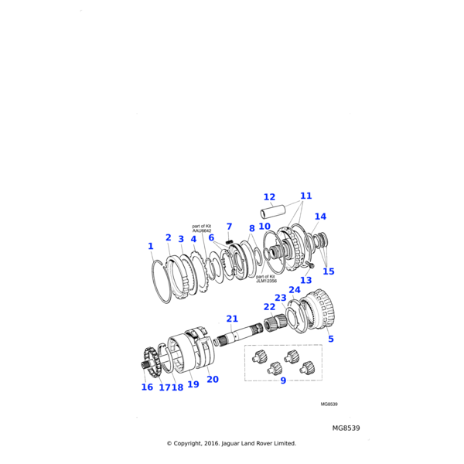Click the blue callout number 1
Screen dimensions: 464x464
click(x=151, y=246)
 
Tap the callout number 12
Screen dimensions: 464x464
click(x=269, y=196)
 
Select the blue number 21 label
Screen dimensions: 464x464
click(x=232, y=319)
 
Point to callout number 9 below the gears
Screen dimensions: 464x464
click(x=283, y=380)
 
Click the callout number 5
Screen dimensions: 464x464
click(x=331, y=339)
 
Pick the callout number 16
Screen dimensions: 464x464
click(x=147, y=387)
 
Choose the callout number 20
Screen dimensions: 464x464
click(x=213, y=380)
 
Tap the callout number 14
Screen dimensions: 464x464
click(x=320, y=217)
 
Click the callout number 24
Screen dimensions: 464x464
click(x=295, y=290)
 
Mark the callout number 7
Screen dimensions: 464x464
click(x=230, y=227)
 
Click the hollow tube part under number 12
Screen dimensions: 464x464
click(x=273, y=211)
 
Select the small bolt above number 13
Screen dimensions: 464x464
click(x=309, y=264)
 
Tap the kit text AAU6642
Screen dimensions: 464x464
click(x=202, y=230)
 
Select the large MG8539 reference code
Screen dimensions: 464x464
click(x=346, y=428)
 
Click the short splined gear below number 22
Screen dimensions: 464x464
click(x=275, y=323)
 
